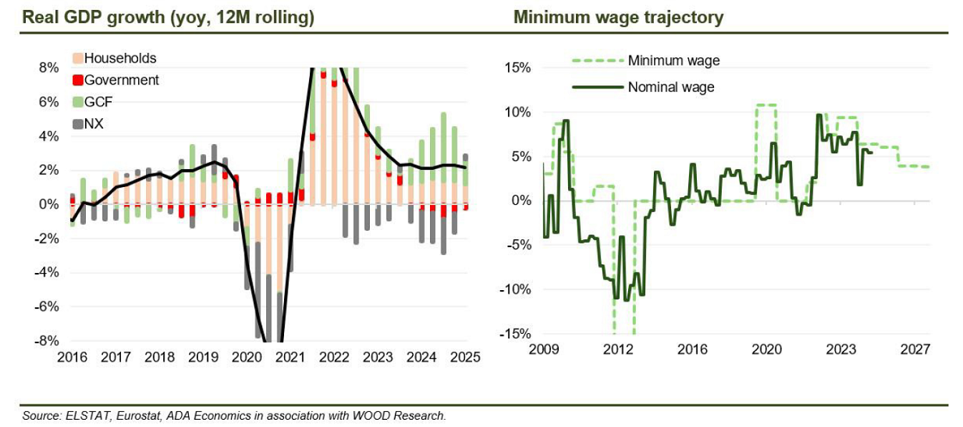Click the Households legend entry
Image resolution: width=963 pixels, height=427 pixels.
tap(120, 58)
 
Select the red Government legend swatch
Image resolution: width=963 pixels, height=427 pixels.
tap(79, 80)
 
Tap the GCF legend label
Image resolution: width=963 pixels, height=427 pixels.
tap(99, 102)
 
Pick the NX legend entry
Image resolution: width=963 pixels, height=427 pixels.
tap(94, 124)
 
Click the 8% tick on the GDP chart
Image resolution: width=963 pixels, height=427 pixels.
tap(48, 67)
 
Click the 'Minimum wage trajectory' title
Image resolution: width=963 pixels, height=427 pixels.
tap(618, 17)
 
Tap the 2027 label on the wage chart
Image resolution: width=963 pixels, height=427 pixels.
tap(915, 350)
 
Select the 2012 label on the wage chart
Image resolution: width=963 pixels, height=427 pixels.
tap(618, 350)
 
